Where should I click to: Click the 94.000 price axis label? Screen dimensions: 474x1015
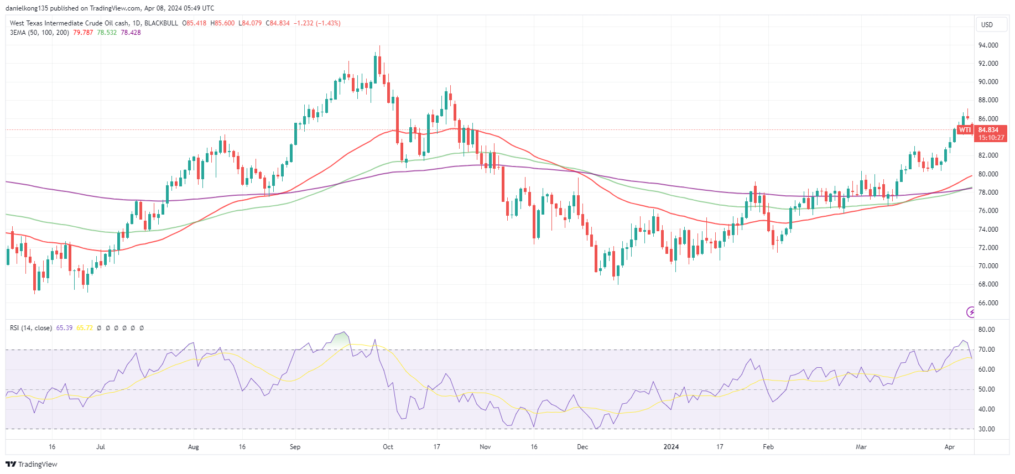point(988,45)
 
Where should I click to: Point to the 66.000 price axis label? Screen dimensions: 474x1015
point(988,303)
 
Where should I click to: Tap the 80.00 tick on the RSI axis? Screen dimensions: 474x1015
point(986,330)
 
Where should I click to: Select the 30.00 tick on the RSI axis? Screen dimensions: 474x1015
point(986,429)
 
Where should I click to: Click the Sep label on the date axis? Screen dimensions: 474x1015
point(295,447)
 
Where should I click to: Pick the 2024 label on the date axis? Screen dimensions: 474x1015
point(671,447)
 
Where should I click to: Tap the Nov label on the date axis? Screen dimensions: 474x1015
point(485,447)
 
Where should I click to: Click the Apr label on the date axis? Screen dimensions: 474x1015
point(950,447)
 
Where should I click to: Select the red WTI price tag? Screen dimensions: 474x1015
point(965,130)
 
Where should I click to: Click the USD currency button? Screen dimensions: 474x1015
point(987,25)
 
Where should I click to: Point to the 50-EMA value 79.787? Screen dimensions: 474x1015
point(83,33)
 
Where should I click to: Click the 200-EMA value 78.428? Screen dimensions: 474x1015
point(131,33)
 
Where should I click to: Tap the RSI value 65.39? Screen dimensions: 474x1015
point(64,328)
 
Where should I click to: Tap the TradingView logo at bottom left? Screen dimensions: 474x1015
point(32,464)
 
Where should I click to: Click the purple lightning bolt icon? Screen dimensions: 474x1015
point(971,312)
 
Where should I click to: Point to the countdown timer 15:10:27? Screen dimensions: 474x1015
point(991,138)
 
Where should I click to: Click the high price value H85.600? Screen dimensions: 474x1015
point(222,23)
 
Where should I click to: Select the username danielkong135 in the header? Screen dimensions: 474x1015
point(27,8)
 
